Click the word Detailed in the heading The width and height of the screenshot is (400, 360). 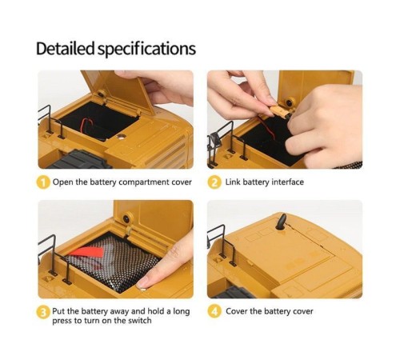[66, 49]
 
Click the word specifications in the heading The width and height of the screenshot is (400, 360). [146, 50]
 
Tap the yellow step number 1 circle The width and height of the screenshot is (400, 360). [43, 182]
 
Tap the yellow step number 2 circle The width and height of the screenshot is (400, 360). [214, 182]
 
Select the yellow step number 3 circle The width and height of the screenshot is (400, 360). [43, 312]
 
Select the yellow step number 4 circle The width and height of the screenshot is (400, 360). [214, 311]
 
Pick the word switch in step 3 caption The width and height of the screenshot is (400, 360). [140, 320]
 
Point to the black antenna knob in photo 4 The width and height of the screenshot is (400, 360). [282, 222]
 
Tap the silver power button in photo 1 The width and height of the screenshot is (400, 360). [121, 137]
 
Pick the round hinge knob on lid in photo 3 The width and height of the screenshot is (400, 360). [128, 218]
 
